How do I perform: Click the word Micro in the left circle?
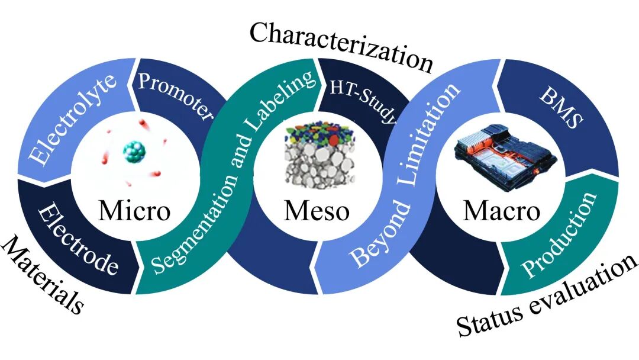134,210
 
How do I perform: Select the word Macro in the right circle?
501,210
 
